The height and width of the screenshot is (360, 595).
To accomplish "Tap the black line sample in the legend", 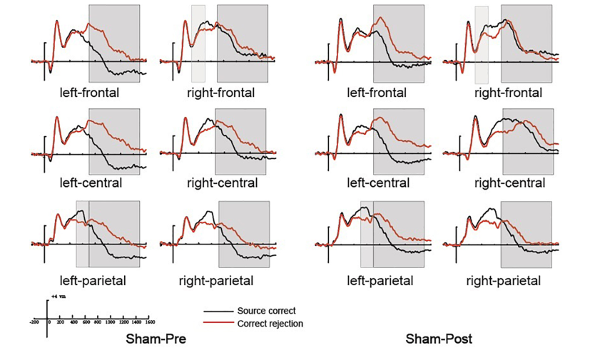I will [x=217, y=312].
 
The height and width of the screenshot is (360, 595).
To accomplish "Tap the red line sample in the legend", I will [x=217, y=323].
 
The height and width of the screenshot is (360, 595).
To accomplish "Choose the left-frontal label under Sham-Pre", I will [x=90, y=93].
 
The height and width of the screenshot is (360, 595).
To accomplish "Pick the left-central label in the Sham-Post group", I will [x=378, y=183].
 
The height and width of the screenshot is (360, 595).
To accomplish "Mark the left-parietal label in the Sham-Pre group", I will [x=90, y=280].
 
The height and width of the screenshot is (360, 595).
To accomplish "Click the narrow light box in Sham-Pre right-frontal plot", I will [x=198, y=43].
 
